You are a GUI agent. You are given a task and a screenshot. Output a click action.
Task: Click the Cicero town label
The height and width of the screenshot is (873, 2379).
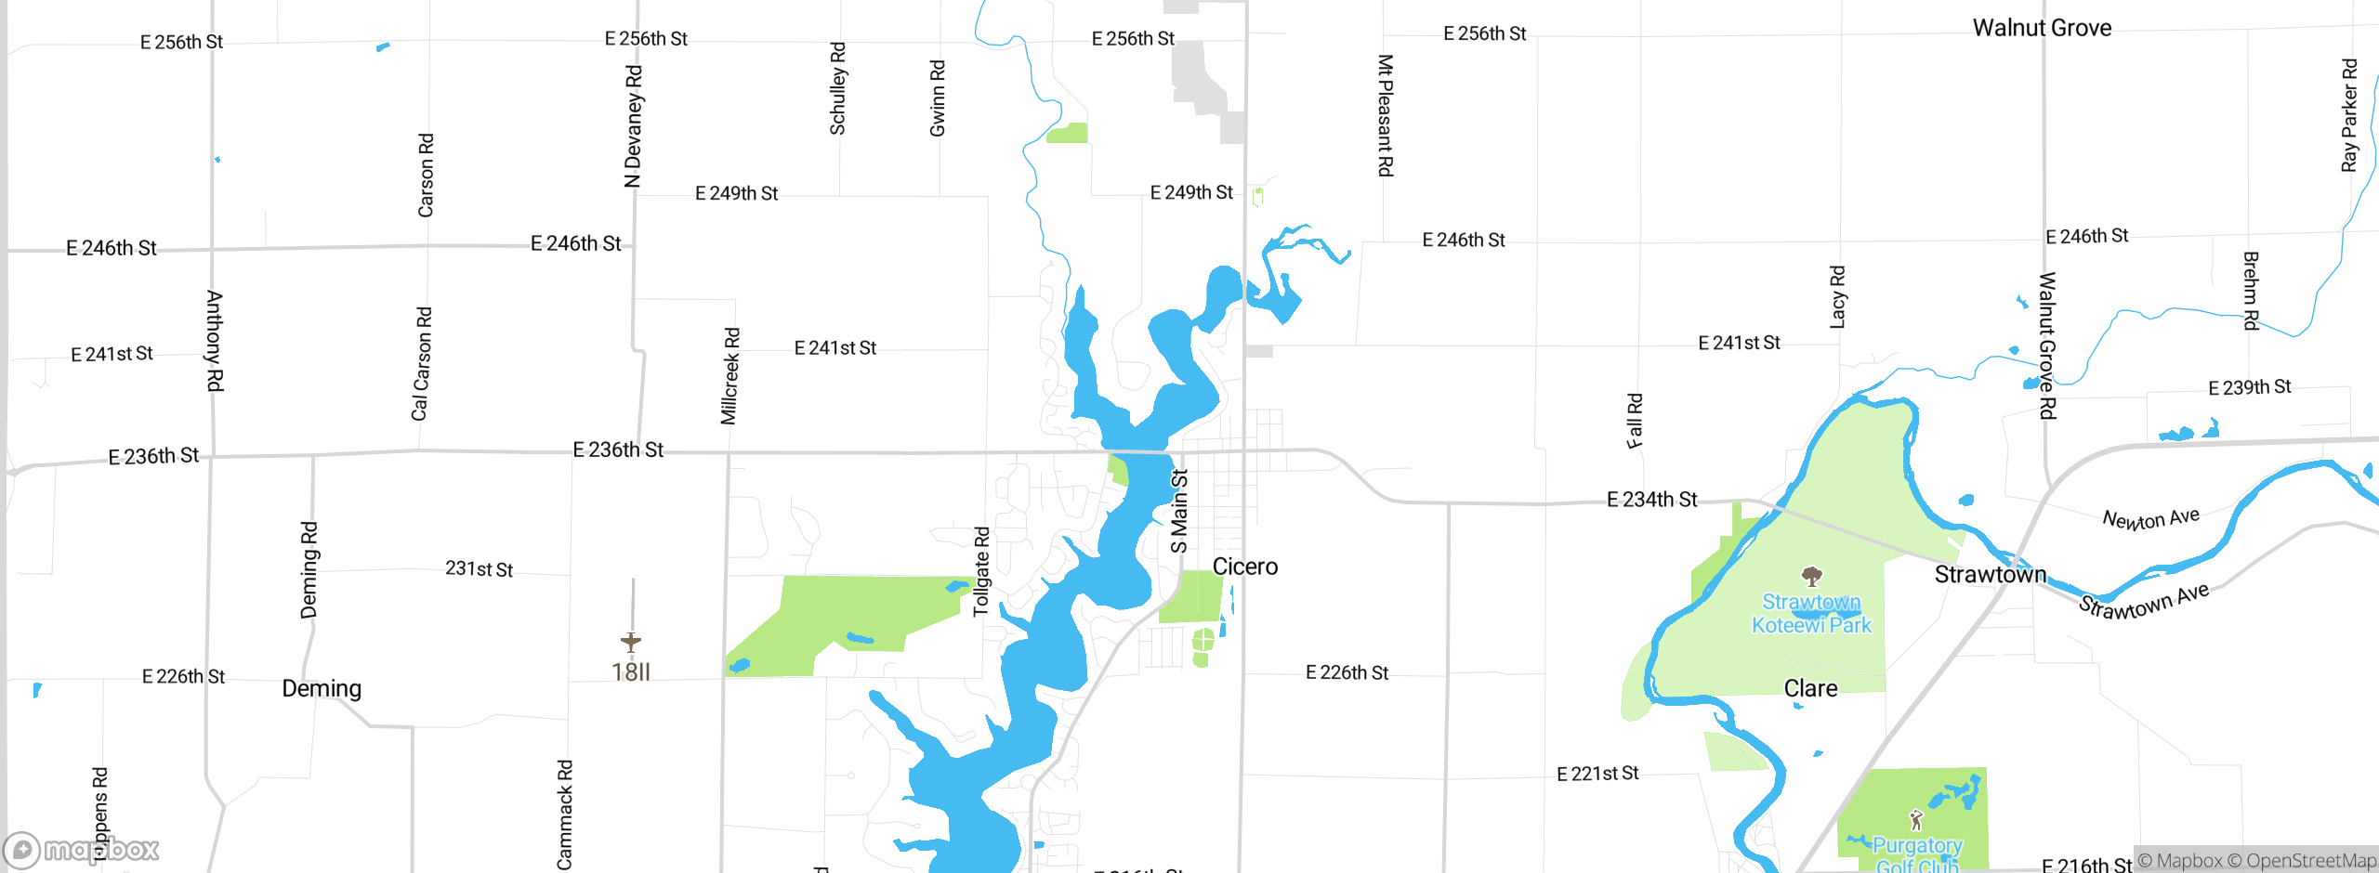tap(1244, 567)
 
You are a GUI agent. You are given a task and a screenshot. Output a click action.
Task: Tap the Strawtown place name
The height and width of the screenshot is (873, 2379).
tap(1990, 575)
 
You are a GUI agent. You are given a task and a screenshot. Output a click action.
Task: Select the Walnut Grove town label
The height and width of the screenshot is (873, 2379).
tap(2042, 28)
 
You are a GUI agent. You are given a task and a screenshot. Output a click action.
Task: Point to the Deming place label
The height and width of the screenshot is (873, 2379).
tap(322, 688)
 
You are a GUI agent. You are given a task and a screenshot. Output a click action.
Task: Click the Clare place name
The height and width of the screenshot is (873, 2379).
tap(1810, 688)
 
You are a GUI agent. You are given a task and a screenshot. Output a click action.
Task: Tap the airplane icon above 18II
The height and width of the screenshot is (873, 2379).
tap(631, 641)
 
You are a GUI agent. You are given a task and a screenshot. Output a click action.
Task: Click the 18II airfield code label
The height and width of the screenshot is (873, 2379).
tap(631, 671)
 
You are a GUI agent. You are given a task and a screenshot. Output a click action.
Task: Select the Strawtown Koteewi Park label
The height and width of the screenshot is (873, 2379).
tap(1811, 614)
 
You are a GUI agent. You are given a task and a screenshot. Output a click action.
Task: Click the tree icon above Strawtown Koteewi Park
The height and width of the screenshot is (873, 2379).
tap(1811, 577)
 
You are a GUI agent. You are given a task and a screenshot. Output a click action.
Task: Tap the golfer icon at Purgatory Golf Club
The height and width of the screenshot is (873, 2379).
tap(1915, 819)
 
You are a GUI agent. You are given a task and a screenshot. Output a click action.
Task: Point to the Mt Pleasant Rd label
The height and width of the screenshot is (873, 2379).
tap(1385, 115)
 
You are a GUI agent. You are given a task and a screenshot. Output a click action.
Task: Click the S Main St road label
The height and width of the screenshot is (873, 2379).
tap(1178, 511)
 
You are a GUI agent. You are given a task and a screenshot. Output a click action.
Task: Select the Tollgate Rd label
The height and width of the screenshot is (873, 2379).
tap(981, 571)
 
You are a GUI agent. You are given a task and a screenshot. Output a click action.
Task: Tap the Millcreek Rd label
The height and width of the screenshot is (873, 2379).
tap(730, 376)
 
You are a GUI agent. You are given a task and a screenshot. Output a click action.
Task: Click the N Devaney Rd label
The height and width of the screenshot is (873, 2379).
tap(633, 126)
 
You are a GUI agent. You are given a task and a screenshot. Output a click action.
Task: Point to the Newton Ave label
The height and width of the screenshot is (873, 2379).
tap(2150, 518)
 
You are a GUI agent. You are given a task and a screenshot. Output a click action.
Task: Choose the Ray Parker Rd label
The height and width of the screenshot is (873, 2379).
tap(2349, 115)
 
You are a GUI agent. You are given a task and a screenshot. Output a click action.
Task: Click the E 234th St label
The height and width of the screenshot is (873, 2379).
tap(1651, 500)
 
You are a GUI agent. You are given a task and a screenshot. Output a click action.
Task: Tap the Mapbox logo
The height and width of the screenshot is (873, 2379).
tap(82, 849)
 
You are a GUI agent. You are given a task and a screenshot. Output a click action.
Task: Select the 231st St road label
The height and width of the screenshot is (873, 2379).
tap(479, 568)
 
